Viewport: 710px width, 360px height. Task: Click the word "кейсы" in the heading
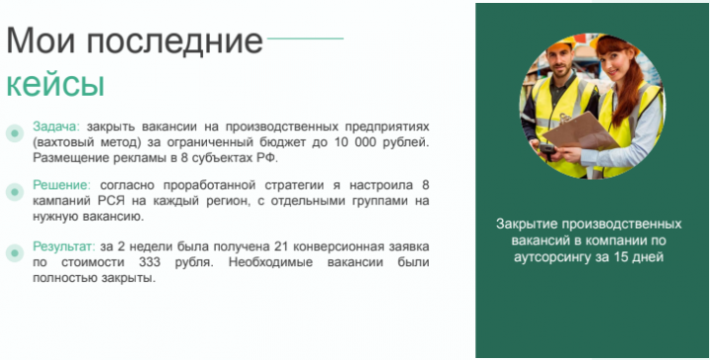pyautogui.click(x=55, y=84)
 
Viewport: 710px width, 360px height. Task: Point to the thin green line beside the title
pyautogui.click(x=305, y=39)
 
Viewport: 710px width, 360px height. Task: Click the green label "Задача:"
pyautogui.click(x=56, y=127)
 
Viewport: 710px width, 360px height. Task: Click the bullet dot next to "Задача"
pyautogui.click(x=14, y=133)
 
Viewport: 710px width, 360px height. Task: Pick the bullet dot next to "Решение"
pyautogui.click(x=14, y=191)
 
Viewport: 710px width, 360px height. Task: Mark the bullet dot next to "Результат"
pyautogui.click(x=14, y=252)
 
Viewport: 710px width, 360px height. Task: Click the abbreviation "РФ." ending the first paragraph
pyautogui.click(x=268, y=157)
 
